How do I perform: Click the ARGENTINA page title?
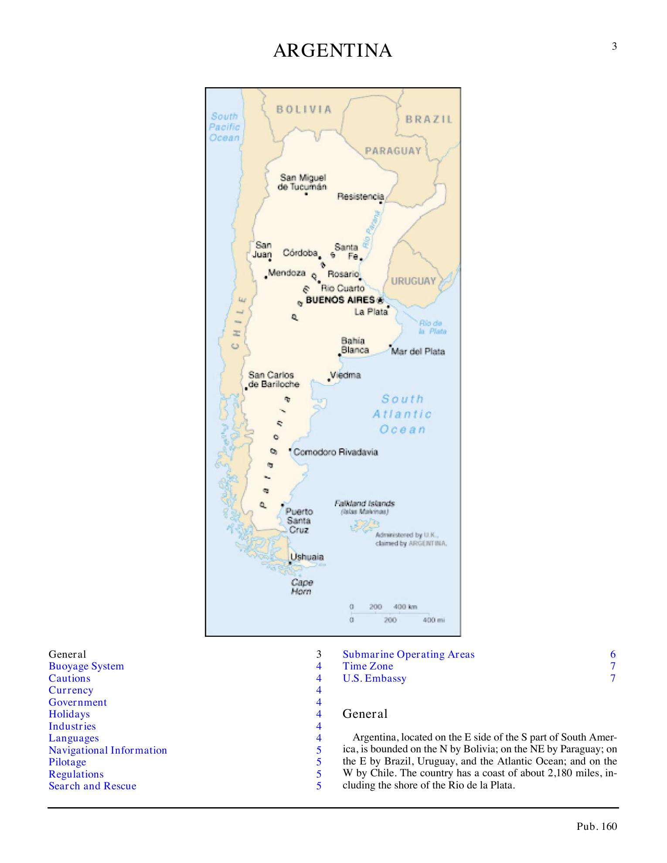click(333, 51)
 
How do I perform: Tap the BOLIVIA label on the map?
click(304, 109)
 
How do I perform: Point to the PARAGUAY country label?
click(393, 151)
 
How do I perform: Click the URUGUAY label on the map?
click(413, 281)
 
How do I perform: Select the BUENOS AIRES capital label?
click(340, 300)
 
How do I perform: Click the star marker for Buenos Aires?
click(380, 300)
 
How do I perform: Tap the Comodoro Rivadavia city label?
click(336, 452)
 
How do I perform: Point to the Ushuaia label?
click(307, 557)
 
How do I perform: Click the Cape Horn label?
click(302, 587)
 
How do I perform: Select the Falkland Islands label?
click(364, 503)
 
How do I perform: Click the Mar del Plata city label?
click(418, 351)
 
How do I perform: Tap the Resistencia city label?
click(361, 197)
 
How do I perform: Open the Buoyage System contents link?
click(86, 666)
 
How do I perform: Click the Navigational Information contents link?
click(108, 750)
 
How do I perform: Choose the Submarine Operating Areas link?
click(408, 654)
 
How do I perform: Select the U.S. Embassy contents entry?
click(374, 678)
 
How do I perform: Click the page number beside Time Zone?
click(613, 666)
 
